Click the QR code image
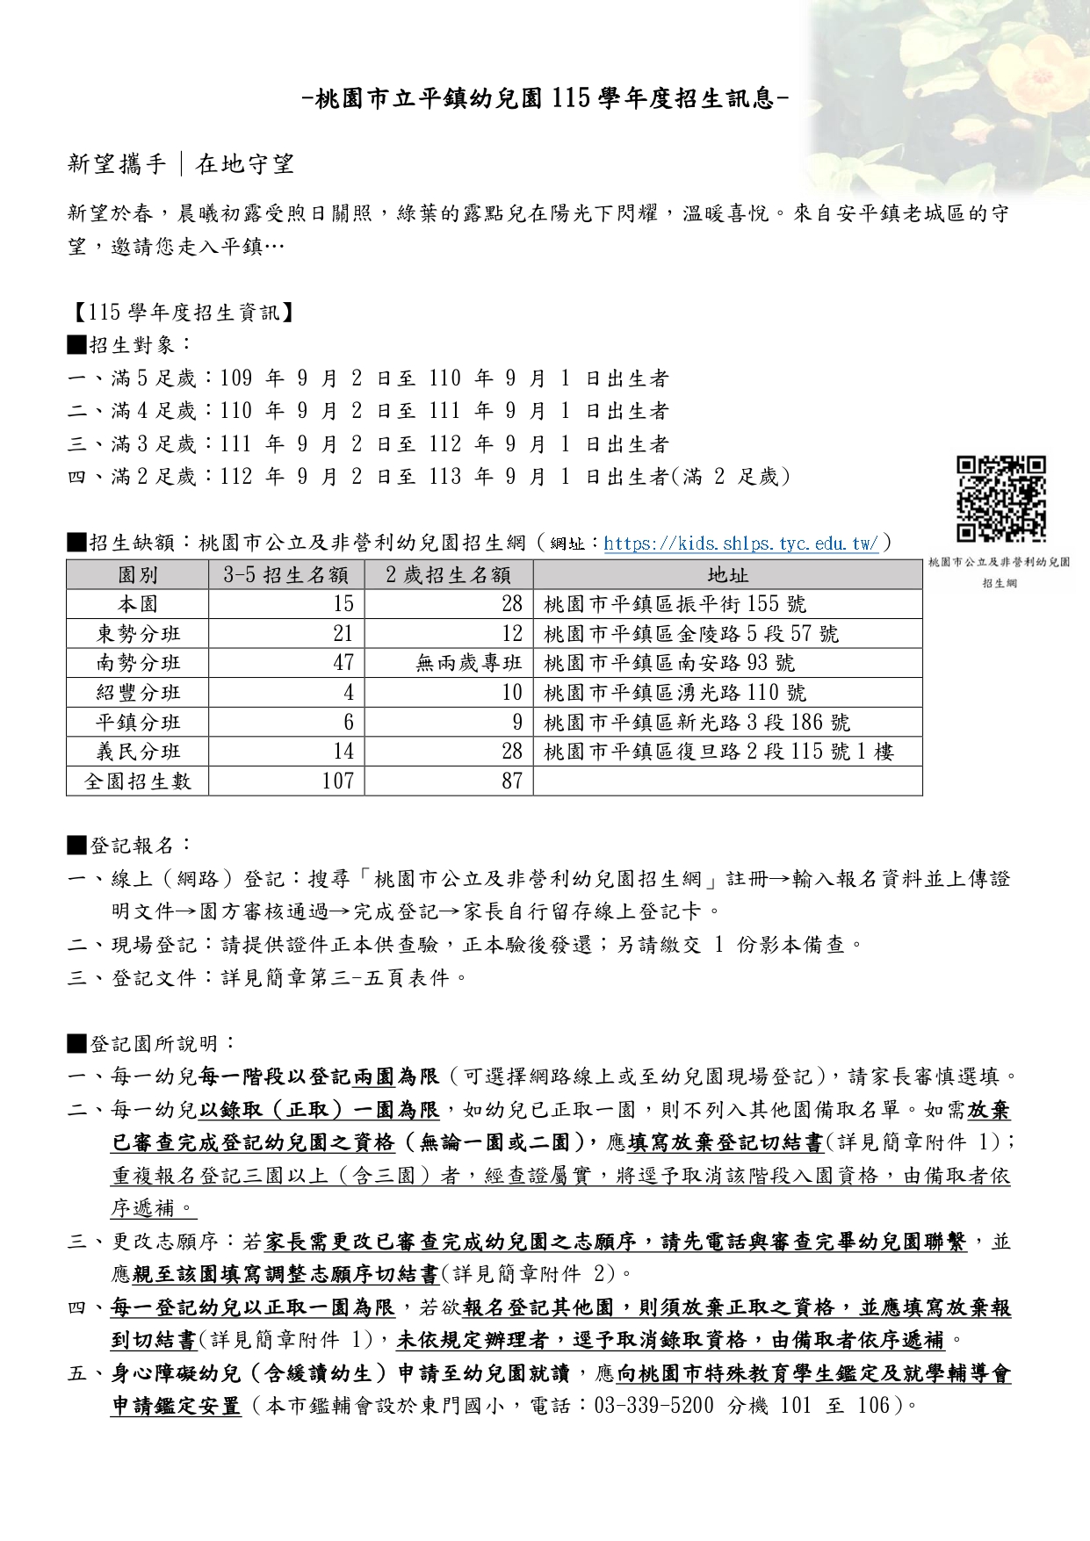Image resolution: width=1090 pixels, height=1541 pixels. click(1000, 498)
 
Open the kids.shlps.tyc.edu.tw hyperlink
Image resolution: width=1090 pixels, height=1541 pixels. click(740, 544)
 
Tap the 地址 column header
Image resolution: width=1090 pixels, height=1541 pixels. click(727, 575)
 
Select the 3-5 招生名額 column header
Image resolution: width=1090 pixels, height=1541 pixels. click(286, 575)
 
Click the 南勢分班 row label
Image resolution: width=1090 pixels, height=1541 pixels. click(138, 663)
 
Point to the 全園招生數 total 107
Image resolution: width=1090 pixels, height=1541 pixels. click(338, 781)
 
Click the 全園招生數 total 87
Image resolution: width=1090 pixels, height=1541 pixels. click(511, 781)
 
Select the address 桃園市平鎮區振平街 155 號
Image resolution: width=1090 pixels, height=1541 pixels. click(675, 604)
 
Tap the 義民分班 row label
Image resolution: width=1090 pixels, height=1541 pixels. click(138, 752)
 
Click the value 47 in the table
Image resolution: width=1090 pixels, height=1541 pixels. click(343, 663)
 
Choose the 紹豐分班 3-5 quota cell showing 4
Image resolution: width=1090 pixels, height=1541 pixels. click(349, 693)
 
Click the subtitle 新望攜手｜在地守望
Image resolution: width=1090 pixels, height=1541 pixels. click(181, 164)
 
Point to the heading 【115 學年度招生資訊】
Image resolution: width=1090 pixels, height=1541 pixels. click(181, 312)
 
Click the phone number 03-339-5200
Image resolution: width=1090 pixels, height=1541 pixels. click(653, 1406)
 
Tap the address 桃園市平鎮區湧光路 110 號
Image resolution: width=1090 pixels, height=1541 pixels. click(675, 693)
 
